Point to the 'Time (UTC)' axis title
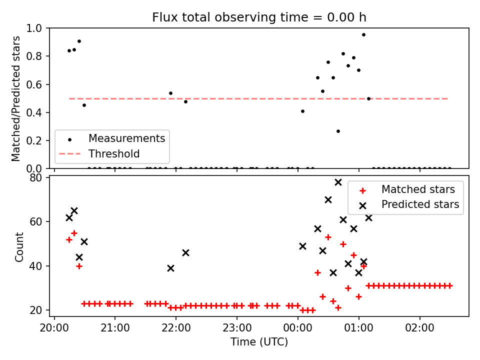(x=259, y=341)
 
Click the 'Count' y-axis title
(x=19, y=246)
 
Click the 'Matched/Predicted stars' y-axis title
(x=15, y=98)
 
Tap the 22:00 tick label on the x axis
(x=176, y=328)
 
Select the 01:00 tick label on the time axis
(x=359, y=328)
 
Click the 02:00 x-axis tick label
(x=419, y=328)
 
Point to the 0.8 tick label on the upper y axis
(x=34, y=56)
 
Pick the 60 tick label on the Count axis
(x=35, y=221)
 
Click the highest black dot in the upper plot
(x=363, y=34)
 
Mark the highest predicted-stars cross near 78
(x=338, y=182)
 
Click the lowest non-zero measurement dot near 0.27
(x=338, y=131)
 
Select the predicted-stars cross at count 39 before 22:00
(x=171, y=268)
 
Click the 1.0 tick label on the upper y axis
(x=34, y=28)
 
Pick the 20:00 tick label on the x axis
(x=54, y=328)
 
